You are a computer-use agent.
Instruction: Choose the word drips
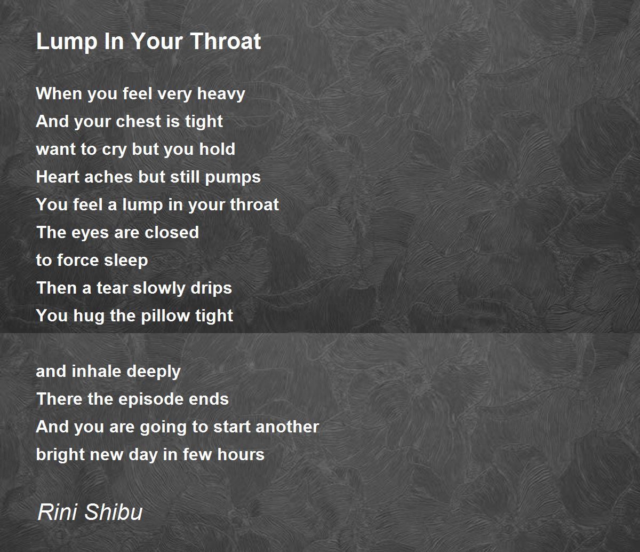click(212, 289)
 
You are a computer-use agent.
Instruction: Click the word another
click(287, 427)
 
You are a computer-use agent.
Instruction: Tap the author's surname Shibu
click(114, 512)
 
